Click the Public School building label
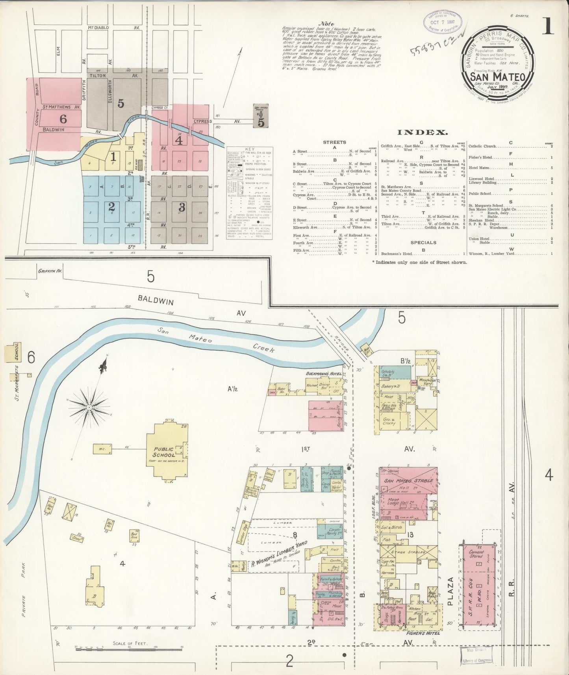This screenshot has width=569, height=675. pos(163,451)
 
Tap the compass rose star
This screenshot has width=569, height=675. pos(89,407)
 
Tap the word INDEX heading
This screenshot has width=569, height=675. pos(423,132)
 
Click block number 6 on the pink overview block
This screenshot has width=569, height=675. pos(63,119)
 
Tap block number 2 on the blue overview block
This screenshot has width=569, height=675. pos(112,206)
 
